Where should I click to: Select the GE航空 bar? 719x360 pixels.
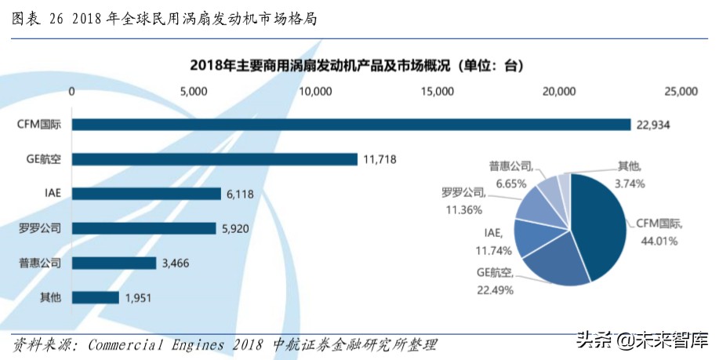coord(215,159)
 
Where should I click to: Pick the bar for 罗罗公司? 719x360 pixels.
coord(144,228)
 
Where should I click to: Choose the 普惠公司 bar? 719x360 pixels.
coord(114,263)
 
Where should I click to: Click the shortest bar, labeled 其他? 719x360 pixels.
coord(96,297)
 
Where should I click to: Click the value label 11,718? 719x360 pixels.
coord(379,159)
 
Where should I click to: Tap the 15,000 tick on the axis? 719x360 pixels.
coord(437,92)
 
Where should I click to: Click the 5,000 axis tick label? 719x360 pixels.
coord(193,92)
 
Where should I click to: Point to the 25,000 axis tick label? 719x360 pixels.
coord(680,92)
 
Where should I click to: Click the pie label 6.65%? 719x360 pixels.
coord(511,183)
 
